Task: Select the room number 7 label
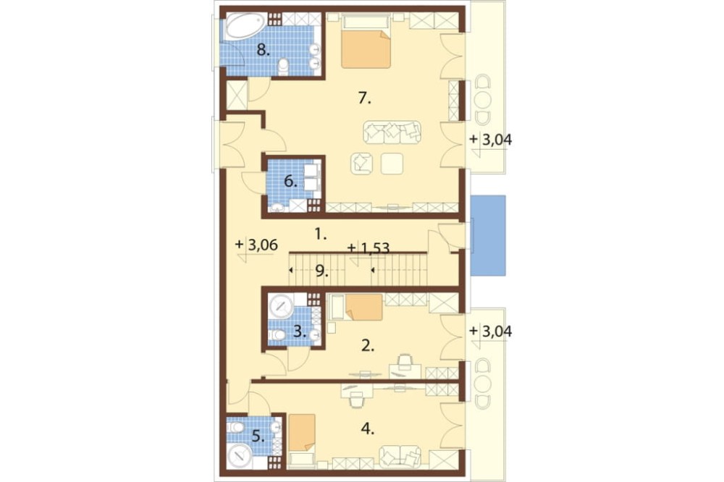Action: tap(365, 98)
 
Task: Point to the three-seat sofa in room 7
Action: tap(392, 132)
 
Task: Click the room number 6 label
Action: tap(290, 182)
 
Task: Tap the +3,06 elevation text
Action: tap(257, 245)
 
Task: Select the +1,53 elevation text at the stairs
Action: tap(369, 248)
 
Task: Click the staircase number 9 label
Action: tap(322, 271)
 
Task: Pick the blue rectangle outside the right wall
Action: tap(488, 235)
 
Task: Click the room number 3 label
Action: tap(300, 331)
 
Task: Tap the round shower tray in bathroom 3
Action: tap(281, 305)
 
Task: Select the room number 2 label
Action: tap(368, 345)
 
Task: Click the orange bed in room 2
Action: tap(364, 307)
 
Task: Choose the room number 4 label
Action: tap(368, 429)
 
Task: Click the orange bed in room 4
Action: tap(303, 432)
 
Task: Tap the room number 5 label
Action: tap(258, 436)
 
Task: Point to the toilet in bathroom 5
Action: tap(235, 427)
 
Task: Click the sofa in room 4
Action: tap(400, 456)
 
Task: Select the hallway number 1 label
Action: tap(321, 235)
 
